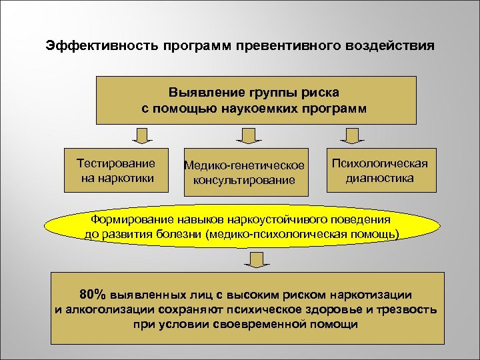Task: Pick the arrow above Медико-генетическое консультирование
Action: tap(246, 136)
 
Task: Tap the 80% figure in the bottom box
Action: tap(91, 294)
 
